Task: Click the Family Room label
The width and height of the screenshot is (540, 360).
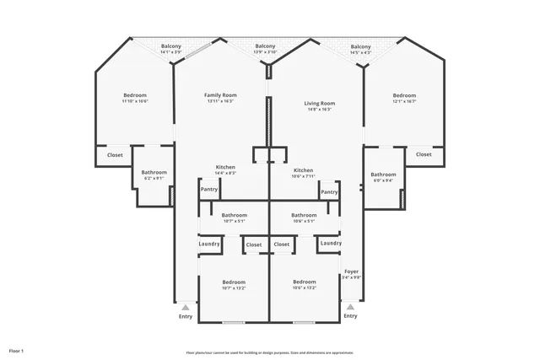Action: (220, 99)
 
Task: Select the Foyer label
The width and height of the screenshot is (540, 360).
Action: (351, 274)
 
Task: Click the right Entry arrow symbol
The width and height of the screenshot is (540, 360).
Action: (350, 307)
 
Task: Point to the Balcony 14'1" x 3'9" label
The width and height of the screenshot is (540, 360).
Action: (171, 49)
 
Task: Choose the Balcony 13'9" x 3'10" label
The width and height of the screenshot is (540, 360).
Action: (265, 49)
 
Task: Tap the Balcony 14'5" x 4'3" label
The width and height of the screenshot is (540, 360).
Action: (360, 49)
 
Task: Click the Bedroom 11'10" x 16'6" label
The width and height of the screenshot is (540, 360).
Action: (135, 98)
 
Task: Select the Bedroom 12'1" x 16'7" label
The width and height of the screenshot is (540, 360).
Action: (404, 99)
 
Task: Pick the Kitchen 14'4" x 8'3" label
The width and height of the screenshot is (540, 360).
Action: (225, 169)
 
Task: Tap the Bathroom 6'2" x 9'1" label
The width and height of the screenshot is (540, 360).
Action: (154, 175)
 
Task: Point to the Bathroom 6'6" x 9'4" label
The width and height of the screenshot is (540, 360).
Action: (384, 177)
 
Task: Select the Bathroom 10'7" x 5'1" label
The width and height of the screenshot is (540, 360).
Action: (235, 218)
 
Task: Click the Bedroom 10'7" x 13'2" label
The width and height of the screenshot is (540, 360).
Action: (234, 284)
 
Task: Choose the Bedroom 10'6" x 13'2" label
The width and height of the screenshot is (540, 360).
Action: (304, 284)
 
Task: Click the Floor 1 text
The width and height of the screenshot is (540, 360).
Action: (17, 350)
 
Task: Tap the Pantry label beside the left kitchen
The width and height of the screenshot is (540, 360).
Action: (209, 190)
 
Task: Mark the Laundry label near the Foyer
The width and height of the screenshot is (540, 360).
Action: (332, 244)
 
